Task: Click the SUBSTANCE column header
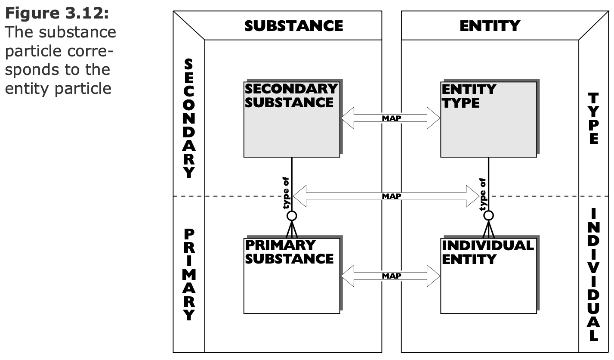tap(293, 26)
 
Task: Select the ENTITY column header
tap(490, 26)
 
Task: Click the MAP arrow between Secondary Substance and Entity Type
tap(391, 118)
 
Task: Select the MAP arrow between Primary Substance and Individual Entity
tap(391, 276)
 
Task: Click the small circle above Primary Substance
tap(292, 216)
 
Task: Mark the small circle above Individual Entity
tap(488, 216)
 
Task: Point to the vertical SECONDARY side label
tap(188, 119)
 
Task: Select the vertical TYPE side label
tap(594, 118)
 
